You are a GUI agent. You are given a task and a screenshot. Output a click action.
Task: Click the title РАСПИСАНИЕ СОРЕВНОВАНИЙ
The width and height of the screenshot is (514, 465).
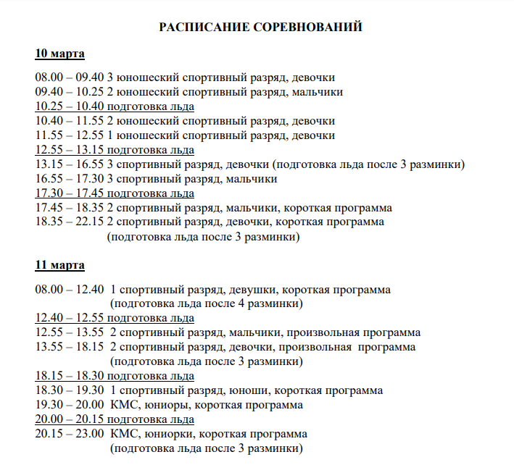260,28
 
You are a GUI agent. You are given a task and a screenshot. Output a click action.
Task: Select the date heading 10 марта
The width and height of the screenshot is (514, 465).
60,54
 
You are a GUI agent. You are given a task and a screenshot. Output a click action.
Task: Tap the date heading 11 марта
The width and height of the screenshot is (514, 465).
60,265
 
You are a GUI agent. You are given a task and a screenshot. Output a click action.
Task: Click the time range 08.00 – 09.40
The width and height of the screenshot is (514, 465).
70,77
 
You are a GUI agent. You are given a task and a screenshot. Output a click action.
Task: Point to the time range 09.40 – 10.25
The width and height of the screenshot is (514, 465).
70,92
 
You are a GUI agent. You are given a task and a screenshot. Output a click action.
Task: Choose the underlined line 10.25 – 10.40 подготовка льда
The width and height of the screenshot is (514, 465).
115,106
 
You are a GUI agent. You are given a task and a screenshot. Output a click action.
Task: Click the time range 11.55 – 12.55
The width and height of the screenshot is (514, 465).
70,135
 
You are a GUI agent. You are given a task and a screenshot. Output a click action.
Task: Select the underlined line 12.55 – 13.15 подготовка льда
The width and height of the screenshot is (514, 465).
115,150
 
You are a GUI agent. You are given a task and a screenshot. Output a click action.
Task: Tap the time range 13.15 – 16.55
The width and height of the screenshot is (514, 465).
70,164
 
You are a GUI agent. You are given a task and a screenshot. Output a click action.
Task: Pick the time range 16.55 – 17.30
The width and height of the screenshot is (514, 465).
70,179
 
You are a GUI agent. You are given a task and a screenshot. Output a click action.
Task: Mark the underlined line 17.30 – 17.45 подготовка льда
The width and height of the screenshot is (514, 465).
115,193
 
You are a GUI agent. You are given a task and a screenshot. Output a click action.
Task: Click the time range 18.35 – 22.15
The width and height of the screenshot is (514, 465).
70,222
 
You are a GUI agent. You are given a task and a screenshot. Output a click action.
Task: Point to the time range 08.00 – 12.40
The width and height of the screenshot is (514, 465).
70,290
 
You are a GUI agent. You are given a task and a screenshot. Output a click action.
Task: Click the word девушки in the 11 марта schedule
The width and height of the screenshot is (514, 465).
251,290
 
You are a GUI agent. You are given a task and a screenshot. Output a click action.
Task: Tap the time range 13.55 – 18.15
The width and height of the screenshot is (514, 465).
70,348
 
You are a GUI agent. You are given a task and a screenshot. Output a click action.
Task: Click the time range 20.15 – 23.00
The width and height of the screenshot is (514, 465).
70,435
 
